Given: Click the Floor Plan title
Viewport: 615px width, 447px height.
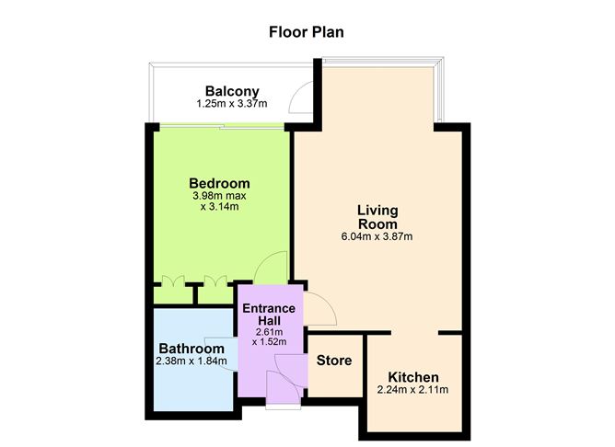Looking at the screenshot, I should pos(307,32).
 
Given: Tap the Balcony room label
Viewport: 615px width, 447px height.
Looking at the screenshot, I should pos(232,91).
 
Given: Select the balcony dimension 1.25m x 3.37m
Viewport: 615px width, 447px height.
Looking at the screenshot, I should pos(232,105).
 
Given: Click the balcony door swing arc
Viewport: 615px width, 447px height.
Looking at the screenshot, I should pos(300,97).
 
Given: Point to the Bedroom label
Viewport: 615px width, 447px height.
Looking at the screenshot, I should pos(219,182).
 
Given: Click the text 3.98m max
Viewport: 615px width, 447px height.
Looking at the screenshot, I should pos(219,196).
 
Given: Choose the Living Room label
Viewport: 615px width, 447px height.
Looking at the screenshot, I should pos(377,217).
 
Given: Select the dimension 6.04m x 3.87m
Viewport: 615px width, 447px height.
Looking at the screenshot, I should pos(377,236).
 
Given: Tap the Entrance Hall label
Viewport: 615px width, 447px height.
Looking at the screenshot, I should pos(268,314).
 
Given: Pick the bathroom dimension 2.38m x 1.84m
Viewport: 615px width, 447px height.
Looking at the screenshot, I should pos(191,361).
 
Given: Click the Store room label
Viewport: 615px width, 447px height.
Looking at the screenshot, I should pos(334,360).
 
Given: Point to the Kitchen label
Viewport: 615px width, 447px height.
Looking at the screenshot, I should pos(412,377).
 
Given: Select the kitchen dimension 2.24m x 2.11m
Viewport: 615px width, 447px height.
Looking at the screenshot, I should pos(412,390).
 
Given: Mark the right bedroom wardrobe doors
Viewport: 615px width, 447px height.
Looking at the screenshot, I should pos(217,281).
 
